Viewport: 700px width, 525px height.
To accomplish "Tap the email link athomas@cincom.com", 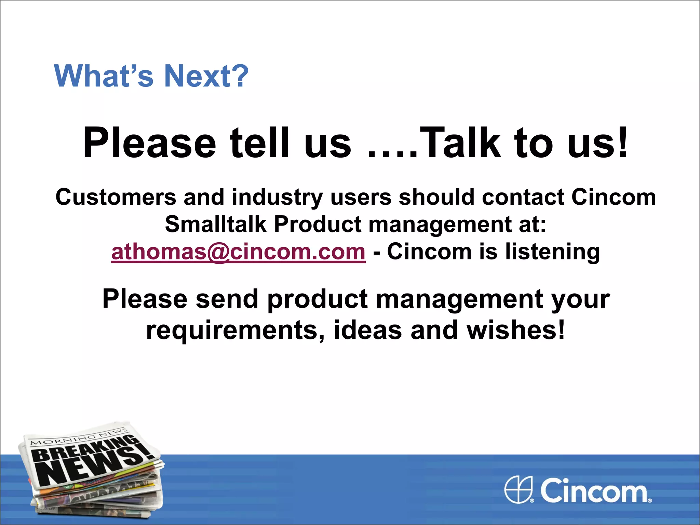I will [x=238, y=252].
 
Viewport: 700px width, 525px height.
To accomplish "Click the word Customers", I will [x=116, y=197].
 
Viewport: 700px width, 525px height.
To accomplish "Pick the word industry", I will [x=277, y=198].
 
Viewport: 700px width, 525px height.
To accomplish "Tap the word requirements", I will [x=235, y=330].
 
